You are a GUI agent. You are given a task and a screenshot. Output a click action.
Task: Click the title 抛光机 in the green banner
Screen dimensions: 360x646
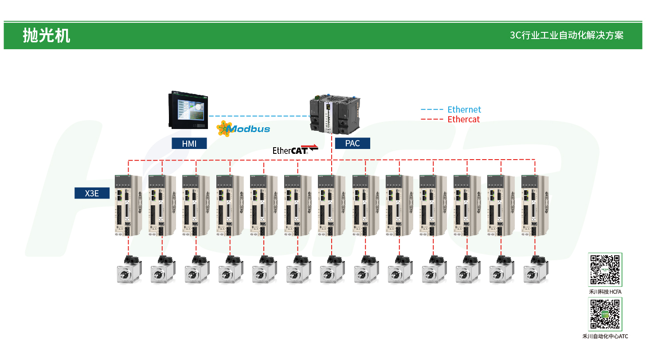coord(47,35)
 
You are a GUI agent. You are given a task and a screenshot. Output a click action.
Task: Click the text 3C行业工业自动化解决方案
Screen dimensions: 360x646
coord(567,35)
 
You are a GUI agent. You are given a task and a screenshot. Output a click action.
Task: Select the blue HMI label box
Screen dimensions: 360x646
coord(189,143)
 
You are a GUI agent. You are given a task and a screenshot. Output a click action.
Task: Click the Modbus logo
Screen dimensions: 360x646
coord(243,129)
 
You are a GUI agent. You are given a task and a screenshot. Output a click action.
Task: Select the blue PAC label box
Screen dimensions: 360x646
coord(352,143)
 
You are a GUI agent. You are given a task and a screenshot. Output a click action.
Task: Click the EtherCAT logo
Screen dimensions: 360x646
coord(295,149)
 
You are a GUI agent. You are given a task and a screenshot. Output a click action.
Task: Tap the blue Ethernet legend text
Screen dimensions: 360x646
coord(464,110)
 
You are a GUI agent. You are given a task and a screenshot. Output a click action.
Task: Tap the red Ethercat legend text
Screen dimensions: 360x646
coord(463,119)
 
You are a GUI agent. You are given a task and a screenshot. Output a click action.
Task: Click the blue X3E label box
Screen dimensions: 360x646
coord(92,193)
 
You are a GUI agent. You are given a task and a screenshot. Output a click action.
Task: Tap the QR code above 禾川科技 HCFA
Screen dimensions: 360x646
coord(605,270)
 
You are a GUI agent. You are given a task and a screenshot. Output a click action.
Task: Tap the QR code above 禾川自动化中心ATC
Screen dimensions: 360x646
coord(605,314)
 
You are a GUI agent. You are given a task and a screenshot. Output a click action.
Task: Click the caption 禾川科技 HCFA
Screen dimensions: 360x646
coord(605,292)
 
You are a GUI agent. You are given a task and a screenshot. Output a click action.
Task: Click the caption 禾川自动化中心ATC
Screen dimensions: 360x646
coord(605,337)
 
